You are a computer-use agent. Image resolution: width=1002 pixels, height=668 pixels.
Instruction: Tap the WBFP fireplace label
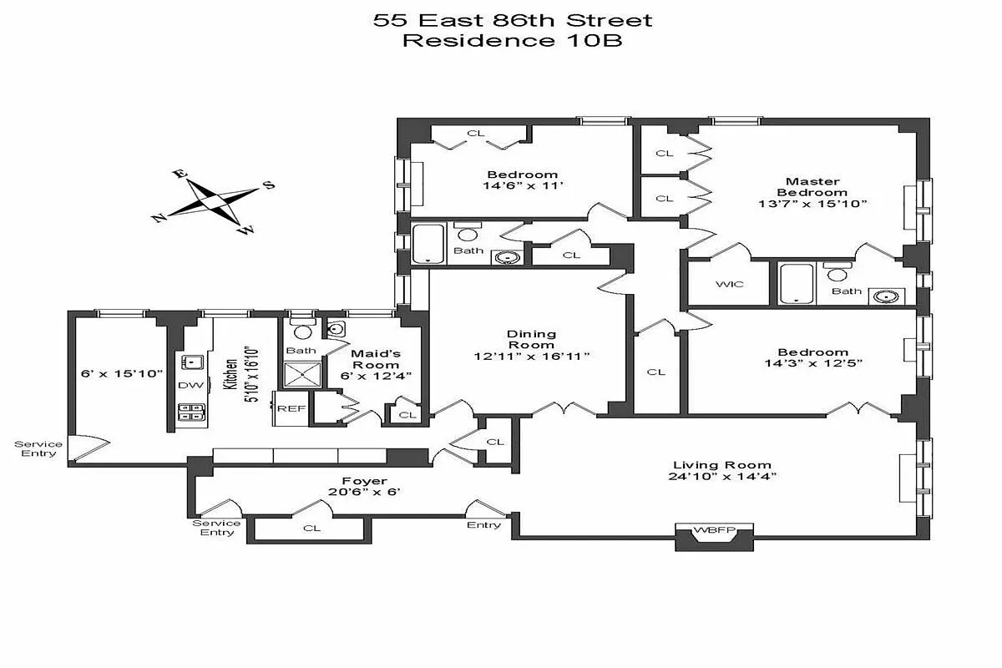714,529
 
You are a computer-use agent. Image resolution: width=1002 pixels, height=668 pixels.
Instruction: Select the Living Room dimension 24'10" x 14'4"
722,478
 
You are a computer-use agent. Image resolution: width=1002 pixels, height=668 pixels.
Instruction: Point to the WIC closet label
729,284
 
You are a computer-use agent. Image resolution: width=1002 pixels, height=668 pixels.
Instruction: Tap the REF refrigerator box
290,408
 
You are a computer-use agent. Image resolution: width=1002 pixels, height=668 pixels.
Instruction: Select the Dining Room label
531,339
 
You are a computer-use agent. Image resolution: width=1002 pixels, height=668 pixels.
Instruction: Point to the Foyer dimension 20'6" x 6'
364,493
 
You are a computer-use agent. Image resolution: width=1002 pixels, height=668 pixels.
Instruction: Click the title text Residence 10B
512,41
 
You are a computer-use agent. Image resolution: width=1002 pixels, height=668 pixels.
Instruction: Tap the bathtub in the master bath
797,283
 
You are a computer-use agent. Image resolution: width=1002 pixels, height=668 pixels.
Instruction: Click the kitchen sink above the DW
193,362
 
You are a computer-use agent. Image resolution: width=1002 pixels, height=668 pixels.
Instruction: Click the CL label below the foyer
311,528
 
